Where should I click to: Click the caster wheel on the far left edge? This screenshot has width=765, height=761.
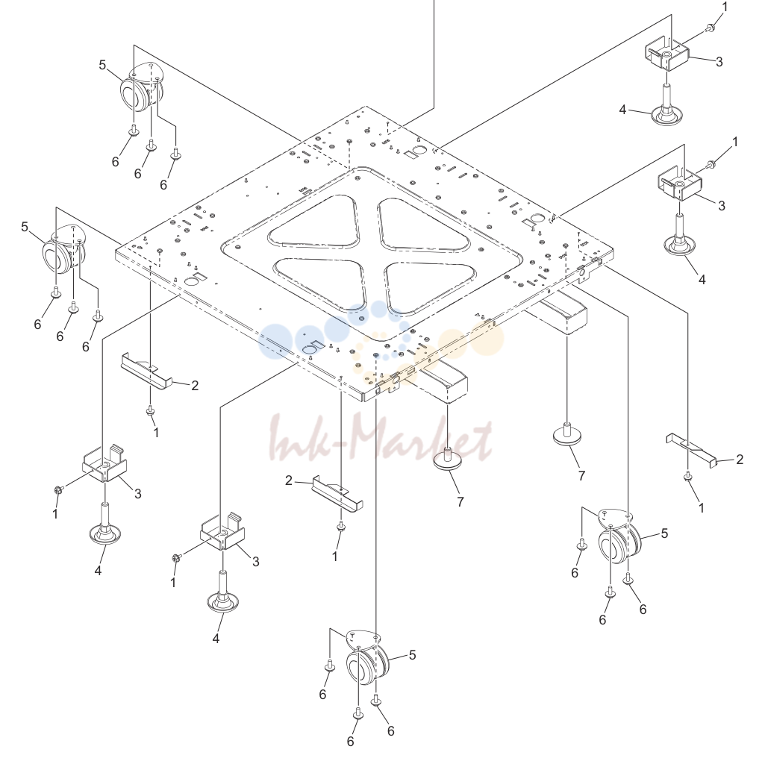point(63,250)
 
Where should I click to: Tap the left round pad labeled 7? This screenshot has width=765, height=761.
point(448,459)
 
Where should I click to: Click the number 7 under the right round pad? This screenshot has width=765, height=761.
point(581,476)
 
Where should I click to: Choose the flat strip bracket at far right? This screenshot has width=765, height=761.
point(690,449)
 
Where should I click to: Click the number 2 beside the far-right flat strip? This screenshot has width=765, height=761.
point(740,459)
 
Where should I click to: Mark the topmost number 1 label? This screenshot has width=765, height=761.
point(725,7)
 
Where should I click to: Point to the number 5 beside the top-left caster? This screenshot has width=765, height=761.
point(102,65)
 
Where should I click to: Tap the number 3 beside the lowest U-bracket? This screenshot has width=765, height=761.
point(256,562)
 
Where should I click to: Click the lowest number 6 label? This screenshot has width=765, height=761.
point(350,742)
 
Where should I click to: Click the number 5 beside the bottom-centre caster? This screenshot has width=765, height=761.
point(412,655)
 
